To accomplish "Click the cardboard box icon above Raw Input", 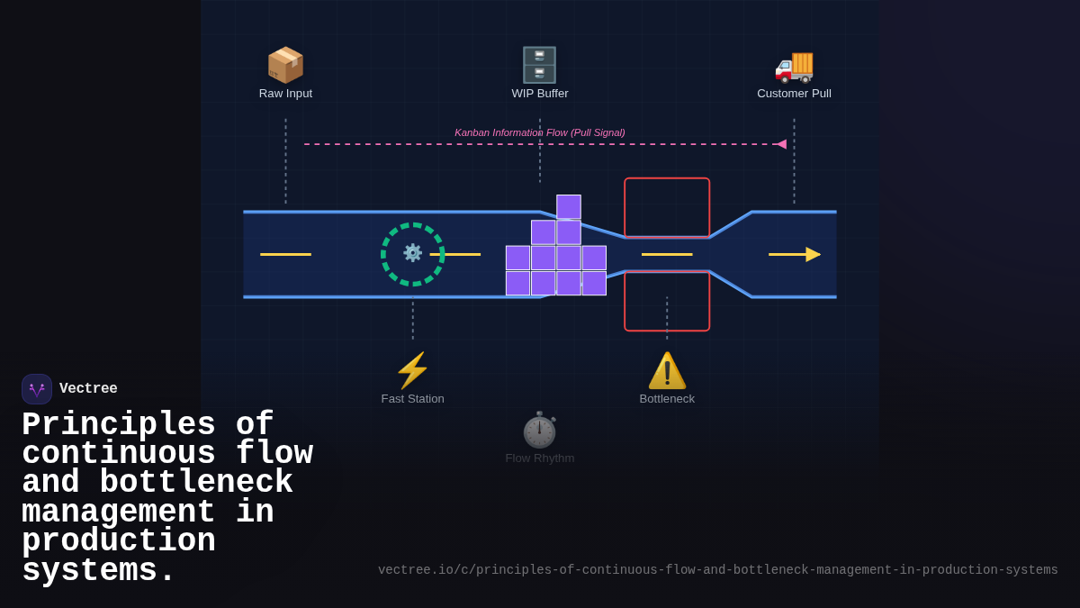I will tap(285, 65).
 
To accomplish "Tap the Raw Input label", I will tap(285, 94).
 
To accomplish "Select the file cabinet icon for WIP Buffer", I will tap(539, 65).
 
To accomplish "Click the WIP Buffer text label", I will tap(540, 94).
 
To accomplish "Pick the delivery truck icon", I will tap(794, 65).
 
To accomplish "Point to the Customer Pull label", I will tap(794, 94).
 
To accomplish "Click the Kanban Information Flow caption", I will tap(539, 132).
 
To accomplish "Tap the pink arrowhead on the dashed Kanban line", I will tap(781, 144).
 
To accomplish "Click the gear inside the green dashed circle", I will tap(412, 253).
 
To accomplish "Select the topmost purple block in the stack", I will tap(569, 206).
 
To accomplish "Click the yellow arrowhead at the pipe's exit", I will tap(812, 254).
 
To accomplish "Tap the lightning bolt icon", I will tap(412, 370).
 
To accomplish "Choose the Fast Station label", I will tap(412, 399).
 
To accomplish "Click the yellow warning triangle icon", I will tap(667, 370).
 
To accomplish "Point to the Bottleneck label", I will tap(667, 399).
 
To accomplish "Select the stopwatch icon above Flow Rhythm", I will tap(539, 430).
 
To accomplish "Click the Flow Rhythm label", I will tap(539, 458).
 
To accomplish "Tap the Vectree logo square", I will tap(37, 389).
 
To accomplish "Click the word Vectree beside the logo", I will tap(88, 389).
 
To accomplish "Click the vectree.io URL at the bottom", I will tap(717, 570).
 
